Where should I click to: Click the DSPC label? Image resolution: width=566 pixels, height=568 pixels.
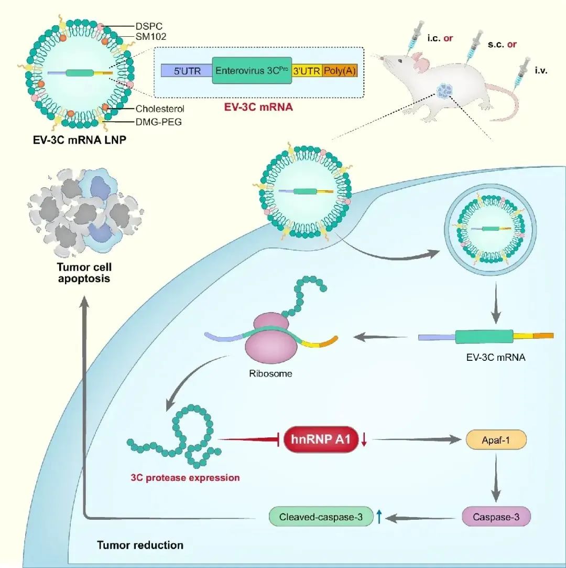(149, 26)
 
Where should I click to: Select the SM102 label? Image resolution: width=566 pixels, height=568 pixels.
(151, 37)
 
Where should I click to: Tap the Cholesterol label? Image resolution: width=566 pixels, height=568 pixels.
(160, 109)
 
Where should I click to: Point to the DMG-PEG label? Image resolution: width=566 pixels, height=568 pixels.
(158, 122)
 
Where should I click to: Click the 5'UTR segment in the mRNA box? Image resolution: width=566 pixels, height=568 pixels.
(187, 71)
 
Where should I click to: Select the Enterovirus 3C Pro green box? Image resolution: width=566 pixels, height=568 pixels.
(252, 70)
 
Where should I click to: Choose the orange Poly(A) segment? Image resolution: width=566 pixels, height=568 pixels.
(340, 71)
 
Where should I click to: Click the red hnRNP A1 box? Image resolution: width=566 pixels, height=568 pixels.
(321, 440)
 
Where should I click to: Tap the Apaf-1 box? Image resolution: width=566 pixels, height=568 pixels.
(496, 440)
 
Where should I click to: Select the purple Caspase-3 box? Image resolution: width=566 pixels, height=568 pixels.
(496, 517)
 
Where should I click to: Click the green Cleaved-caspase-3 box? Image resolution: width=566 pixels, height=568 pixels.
(321, 517)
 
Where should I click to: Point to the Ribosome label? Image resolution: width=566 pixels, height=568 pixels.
(271, 373)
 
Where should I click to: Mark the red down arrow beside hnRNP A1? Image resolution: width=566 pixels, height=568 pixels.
(364, 440)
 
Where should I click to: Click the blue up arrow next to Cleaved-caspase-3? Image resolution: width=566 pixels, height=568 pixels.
(379, 516)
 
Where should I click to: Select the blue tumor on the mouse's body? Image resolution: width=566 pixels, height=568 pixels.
(444, 91)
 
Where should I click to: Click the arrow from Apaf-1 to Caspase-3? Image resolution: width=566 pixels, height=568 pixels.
(496, 478)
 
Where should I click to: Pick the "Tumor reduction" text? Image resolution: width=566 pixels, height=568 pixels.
(140, 545)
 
